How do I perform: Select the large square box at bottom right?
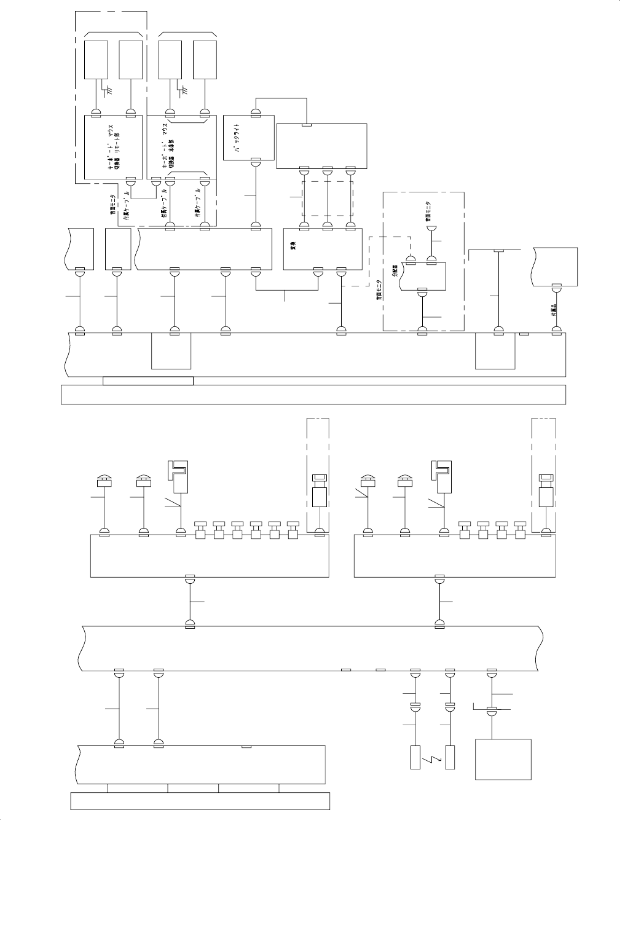503,760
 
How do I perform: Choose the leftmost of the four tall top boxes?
96,60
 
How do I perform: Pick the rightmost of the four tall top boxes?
205,60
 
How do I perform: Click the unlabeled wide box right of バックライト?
321,146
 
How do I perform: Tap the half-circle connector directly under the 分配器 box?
422,294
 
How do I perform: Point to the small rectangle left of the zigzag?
415,757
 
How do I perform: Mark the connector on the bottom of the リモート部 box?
130,182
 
